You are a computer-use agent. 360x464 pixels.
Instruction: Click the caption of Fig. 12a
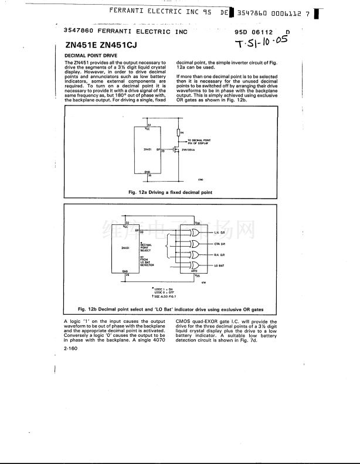coord(170,192)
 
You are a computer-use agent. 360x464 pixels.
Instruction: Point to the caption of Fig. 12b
coord(171,309)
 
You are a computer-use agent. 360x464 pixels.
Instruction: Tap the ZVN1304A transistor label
coord(189,150)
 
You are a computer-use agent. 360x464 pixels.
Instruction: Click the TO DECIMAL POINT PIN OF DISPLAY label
coord(199,141)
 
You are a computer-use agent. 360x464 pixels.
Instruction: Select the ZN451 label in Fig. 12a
coord(148,149)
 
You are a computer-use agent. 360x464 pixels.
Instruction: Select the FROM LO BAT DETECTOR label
coord(147,261)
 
